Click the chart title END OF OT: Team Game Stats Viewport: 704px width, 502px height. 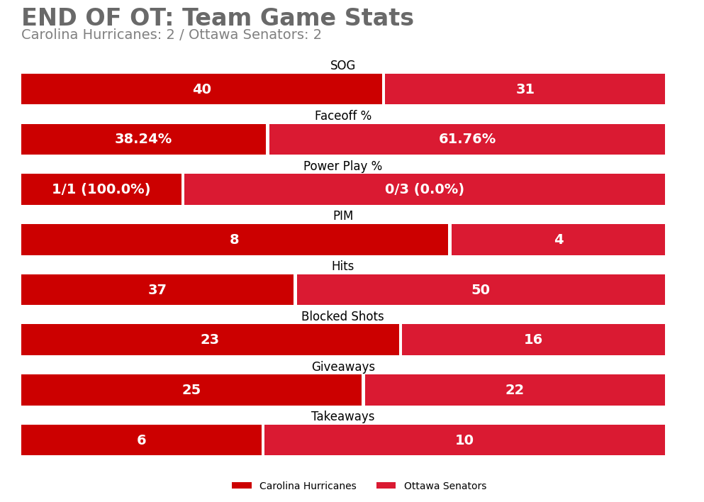217,18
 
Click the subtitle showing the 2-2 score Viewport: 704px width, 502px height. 171,35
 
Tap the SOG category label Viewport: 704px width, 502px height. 342,66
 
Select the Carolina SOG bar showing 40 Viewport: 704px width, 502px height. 201,89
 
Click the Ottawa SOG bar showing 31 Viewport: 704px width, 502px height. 525,89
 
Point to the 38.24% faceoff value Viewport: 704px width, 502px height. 143,140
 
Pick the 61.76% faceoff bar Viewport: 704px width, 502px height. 466,140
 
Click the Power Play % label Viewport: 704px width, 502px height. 342,167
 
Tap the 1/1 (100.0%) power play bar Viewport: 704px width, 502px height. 101,189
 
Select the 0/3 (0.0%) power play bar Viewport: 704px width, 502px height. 424,189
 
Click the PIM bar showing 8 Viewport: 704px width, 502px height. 234,240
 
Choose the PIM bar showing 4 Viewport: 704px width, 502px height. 558,240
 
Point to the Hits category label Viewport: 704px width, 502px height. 342,267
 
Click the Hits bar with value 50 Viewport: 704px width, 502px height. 480,290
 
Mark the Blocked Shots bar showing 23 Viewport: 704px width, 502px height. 210,340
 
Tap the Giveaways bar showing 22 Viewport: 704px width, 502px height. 514,390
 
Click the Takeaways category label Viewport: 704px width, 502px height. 342,417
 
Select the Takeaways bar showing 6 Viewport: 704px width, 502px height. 141,440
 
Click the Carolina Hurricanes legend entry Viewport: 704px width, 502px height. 294,486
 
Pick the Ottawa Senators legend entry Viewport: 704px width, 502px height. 431,486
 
